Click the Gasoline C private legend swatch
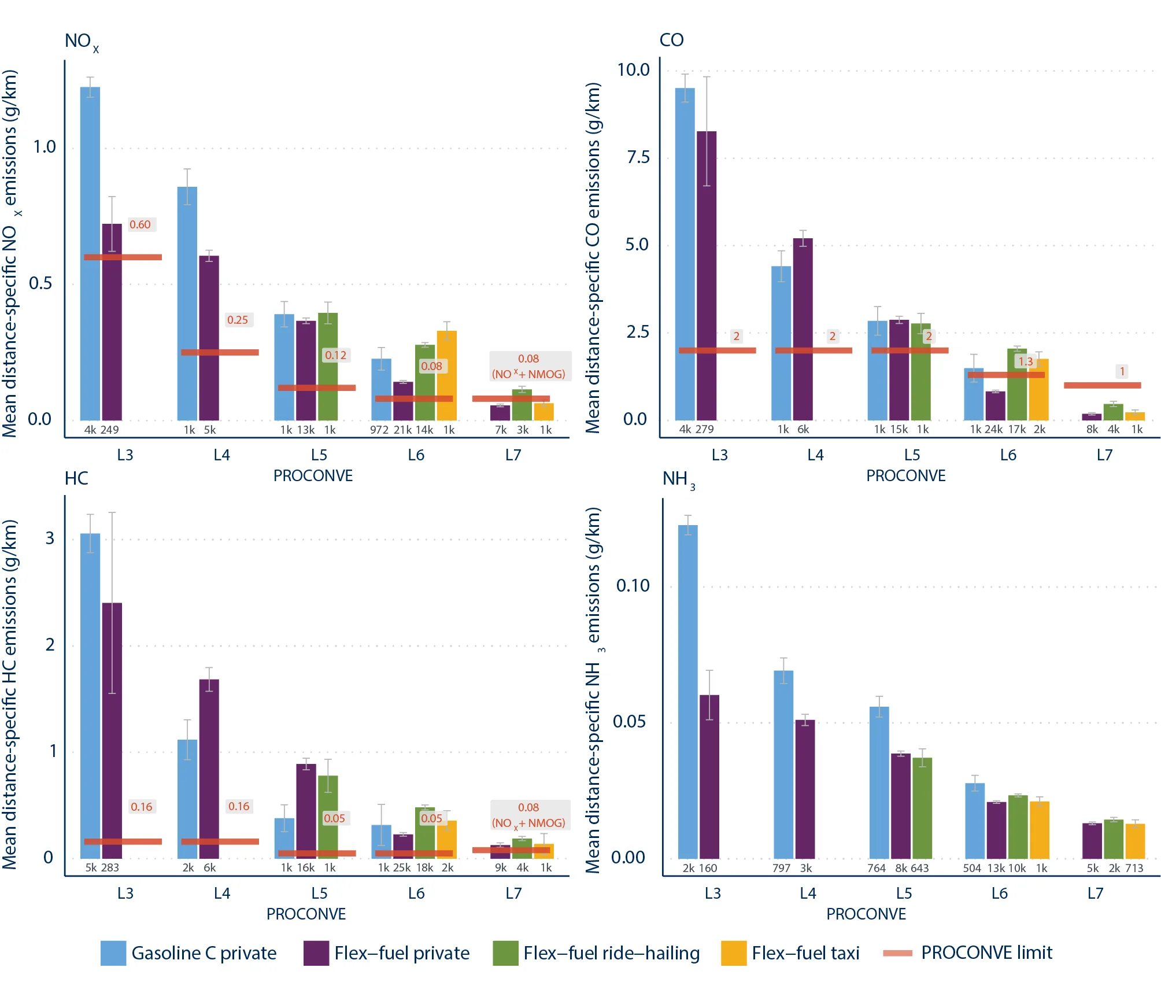(x=113, y=953)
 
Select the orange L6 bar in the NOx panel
(x=446, y=375)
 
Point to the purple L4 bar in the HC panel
(x=209, y=769)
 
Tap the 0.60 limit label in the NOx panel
(x=140, y=224)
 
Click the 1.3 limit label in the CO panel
(x=1026, y=361)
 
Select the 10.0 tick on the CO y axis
(x=633, y=70)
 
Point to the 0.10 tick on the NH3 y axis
(x=633, y=586)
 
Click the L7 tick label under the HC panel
(x=513, y=893)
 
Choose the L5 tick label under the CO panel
(x=912, y=455)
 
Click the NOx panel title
(x=82, y=42)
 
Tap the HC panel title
(x=76, y=479)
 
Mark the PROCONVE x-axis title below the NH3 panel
(x=866, y=914)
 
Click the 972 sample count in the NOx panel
(x=379, y=430)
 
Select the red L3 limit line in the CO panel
(x=717, y=350)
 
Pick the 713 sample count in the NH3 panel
(x=1134, y=868)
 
